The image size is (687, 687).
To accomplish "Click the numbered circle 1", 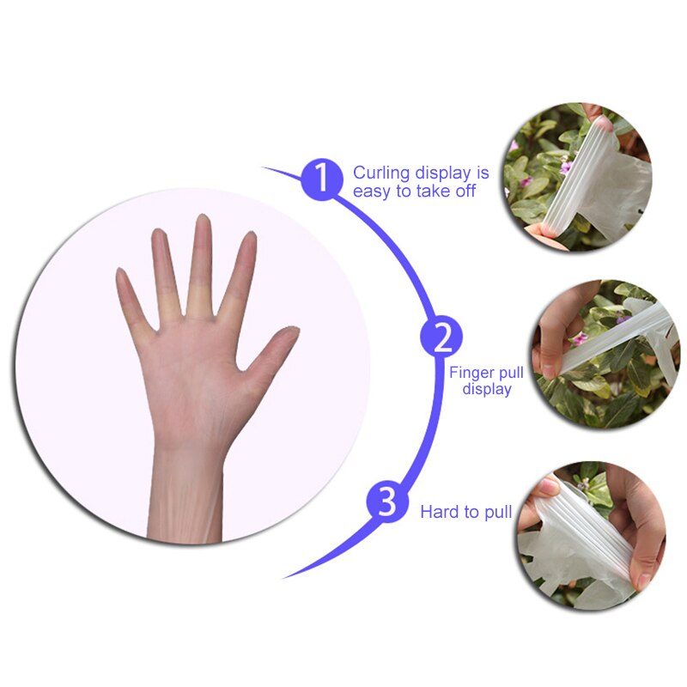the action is [x=321, y=179].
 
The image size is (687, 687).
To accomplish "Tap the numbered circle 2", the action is [x=441, y=337].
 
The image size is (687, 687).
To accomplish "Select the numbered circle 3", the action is [x=387, y=502].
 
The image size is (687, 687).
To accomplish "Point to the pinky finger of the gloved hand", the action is [x=134, y=298].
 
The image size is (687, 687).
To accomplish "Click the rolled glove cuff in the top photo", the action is [x=570, y=175].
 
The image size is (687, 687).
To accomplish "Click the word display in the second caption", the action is [x=487, y=389].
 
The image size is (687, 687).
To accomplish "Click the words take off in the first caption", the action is [x=446, y=192].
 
